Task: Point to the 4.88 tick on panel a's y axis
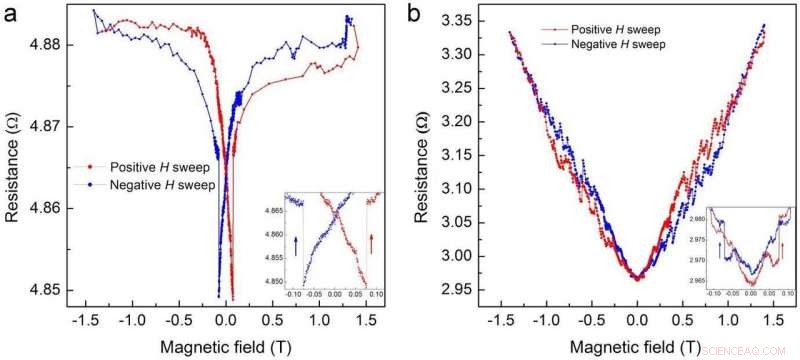[x=46, y=45]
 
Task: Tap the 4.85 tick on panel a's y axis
[x=46, y=290]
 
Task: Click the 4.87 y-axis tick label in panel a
[x=46, y=127]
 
